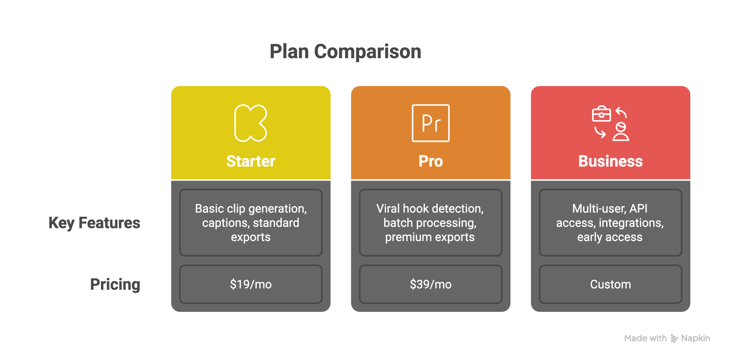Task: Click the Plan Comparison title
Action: (x=345, y=51)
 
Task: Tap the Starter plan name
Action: (x=251, y=161)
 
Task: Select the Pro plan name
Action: (x=430, y=161)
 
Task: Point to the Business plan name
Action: (x=611, y=161)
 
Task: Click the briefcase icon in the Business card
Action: (x=601, y=114)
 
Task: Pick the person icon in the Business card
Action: (x=621, y=132)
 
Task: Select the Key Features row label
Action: (x=94, y=223)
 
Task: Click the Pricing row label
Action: (x=115, y=284)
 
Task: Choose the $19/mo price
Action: (x=251, y=284)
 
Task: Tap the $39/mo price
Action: (x=430, y=284)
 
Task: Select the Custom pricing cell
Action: (x=611, y=284)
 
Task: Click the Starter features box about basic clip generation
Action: (x=251, y=222)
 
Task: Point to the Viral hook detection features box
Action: (x=430, y=222)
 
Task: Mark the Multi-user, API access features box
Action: (x=611, y=222)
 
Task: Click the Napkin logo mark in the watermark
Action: (x=674, y=339)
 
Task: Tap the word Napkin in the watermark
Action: (x=695, y=338)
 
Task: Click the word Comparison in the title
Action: (x=368, y=51)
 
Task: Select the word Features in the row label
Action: (x=109, y=223)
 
